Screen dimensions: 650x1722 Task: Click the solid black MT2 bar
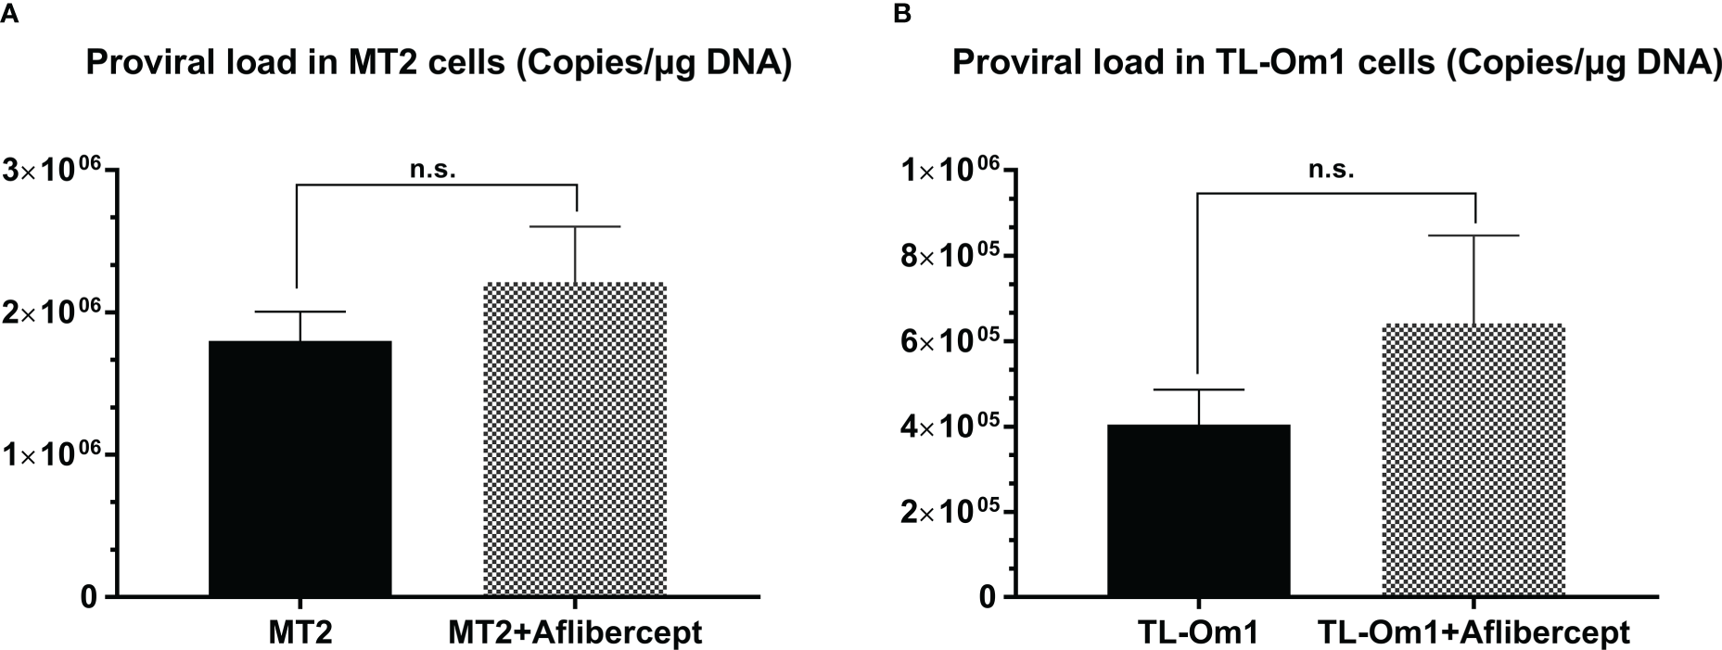coord(300,468)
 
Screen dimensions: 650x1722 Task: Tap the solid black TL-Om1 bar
coord(1198,510)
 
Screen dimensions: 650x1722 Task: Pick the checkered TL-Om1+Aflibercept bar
coord(1473,460)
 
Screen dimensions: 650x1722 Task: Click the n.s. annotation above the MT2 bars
coord(433,171)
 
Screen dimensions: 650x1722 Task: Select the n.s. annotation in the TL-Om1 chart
coord(1332,170)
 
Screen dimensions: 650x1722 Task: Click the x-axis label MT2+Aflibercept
coord(575,632)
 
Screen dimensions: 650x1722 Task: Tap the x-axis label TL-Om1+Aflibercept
coord(1473,632)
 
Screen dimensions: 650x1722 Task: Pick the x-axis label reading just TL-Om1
coord(1198,632)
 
